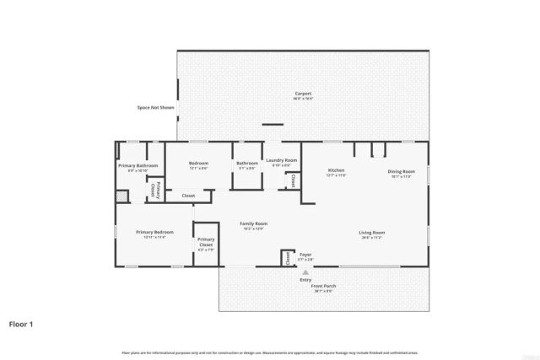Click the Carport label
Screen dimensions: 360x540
[303, 94]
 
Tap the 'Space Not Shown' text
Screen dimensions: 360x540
[155, 107]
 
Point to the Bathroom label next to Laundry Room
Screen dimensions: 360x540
[247, 163]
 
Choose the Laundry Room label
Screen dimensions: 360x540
[281, 160]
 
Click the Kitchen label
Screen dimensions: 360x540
[337, 171]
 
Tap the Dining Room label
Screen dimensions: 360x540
[401, 171]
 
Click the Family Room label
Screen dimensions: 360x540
[252, 223]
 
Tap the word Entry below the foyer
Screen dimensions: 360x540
[305, 279]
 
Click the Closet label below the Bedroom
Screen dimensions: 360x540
[188, 196]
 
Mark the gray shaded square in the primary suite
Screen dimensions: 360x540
[121, 196]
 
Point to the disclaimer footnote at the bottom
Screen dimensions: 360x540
[270, 352]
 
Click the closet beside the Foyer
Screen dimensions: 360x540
[286, 257]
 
